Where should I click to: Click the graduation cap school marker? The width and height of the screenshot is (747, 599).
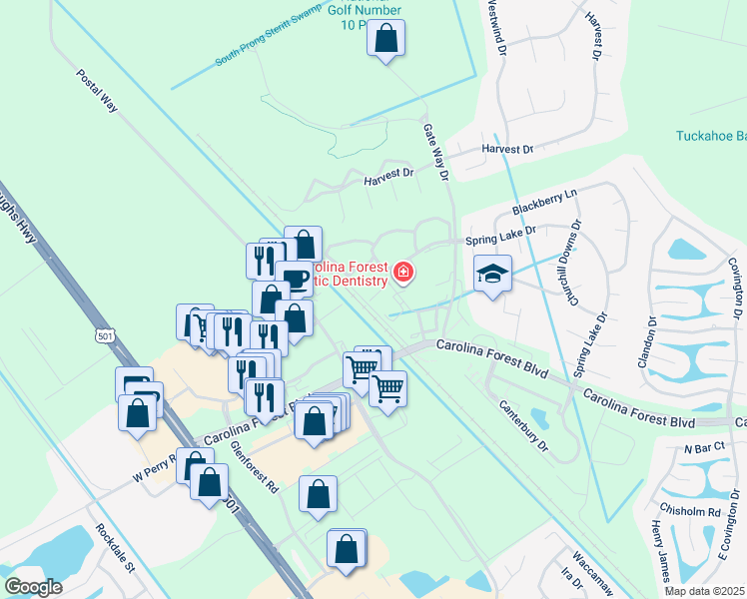coord(491,274)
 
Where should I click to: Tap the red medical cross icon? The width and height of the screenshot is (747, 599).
coord(403,272)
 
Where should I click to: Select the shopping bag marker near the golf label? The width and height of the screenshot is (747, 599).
coord(385,40)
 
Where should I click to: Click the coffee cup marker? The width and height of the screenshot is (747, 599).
coord(295,277)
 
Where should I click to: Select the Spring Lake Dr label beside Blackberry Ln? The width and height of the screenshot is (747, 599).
coord(500,236)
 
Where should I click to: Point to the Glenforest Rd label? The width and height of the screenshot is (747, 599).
coord(254,467)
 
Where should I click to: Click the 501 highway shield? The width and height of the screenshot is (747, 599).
coord(106,336)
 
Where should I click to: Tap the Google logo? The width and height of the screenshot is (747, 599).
coord(33,587)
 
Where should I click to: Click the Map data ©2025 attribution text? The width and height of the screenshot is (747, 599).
coord(703,591)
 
